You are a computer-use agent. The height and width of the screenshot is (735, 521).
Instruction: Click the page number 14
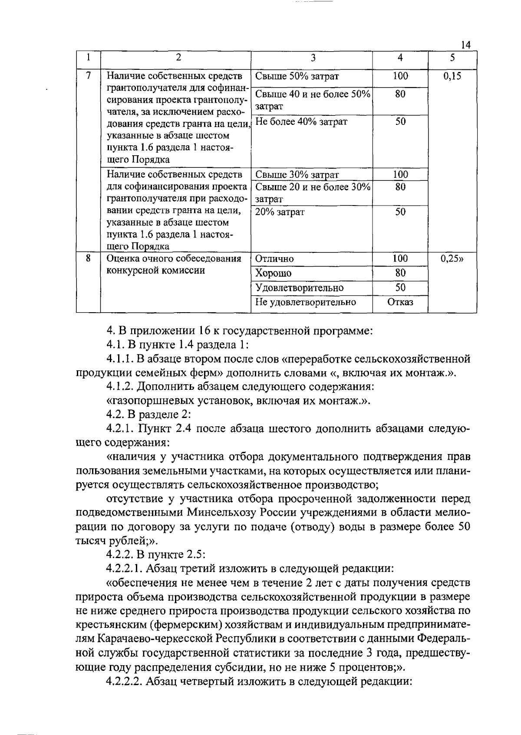click(x=466, y=45)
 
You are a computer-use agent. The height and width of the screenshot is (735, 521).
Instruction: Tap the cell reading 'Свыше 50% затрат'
click(x=297, y=77)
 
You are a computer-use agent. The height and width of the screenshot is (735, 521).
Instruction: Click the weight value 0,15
click(x=452, y=77)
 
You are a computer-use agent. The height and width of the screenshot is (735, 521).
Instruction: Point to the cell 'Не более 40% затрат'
click(x=301, y=122)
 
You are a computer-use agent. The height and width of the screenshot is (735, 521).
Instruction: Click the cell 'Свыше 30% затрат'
click(x=297, y=175)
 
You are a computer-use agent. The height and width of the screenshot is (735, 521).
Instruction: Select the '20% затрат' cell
click(x=280, y=212)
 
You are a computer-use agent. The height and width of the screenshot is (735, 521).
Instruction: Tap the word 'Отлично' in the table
click(x=274, y=259)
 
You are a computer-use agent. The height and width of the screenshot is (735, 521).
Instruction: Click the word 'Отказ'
click(x=400, y=302)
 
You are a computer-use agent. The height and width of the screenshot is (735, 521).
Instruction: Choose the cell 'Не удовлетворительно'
click(x=306, y=302)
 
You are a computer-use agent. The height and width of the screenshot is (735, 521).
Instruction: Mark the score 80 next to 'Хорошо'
click(x=400, y=273)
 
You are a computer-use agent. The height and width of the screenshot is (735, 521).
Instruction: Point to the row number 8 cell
click(x=88, y=258)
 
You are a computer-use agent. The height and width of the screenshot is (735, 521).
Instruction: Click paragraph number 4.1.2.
click(x=121, y=387)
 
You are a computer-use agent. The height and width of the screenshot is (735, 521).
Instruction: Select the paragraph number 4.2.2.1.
click(x=125, y=568)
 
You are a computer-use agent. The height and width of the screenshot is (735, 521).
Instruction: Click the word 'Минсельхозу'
click(x=221, y=513)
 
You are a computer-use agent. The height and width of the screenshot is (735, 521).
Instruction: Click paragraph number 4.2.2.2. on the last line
click(x=125, y=681)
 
